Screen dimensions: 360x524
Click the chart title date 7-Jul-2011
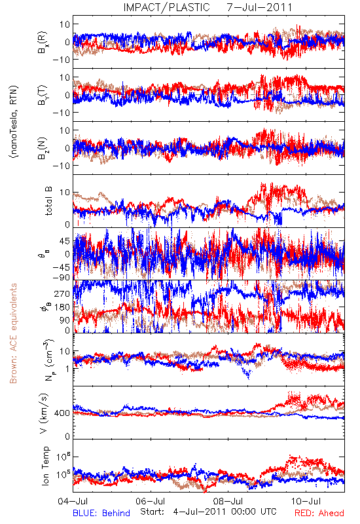(x=259, y=7)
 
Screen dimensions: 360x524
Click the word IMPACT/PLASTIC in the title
(x=166, y=7)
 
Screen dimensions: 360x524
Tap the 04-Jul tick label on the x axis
(x=73, y=501)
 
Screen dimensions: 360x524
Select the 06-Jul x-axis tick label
(x=151, y=501)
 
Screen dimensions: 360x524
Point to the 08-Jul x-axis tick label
(x=228, y=501)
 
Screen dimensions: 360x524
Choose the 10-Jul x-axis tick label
(x=306, y=501)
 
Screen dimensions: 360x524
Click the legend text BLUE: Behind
(x=101, y=513)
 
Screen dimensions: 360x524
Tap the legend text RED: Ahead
(x=319, y=513)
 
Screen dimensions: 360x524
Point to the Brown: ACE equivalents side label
(x=13, y=333)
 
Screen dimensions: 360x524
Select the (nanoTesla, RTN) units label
(x=14, y=122)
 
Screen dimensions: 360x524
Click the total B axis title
(x=48, y=201)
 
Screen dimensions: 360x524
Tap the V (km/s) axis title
(x=45, y=413)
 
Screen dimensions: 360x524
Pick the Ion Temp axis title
(x=45, y=466)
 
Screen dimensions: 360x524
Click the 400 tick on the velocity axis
(x=62, y=413)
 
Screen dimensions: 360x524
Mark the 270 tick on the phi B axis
(x=62, y=293)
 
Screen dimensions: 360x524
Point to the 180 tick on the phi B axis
(x=62, y=307)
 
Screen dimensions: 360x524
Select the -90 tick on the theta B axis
(x=62, y=277)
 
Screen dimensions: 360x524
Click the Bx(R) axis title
(x=43, y=42)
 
